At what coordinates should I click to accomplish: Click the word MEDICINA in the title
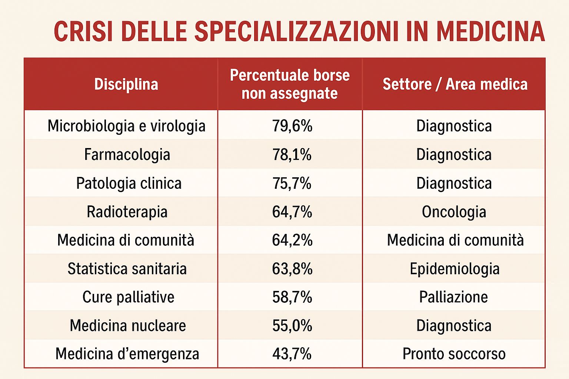tap(490, 31)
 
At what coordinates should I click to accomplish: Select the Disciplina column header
tap(126, 84)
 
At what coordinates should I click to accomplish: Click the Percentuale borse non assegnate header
tap(290, 84)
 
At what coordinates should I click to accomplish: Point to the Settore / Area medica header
tap(455, 84)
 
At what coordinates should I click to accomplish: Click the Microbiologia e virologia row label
tap(126, 126)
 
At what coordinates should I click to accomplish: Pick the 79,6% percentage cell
tap(292, 126)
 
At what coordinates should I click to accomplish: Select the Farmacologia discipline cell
tap(127, 155)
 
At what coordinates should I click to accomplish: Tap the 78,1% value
tap(292, 155)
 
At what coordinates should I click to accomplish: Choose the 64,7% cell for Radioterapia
tap(292, 212)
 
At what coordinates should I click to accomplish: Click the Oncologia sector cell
tap(454, 212)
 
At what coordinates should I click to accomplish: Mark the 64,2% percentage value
tap(292, 240)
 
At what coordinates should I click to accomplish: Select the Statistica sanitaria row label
tap(127, 269)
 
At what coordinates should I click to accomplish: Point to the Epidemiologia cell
tap(455, 269)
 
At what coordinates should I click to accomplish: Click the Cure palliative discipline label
tap(128, 297)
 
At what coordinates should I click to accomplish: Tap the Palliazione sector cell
tap(453, 297)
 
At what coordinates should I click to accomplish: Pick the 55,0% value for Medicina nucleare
tap(292, 326)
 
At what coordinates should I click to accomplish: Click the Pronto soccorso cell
tap(454, 354)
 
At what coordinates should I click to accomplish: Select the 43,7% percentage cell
tap(292, 354)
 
